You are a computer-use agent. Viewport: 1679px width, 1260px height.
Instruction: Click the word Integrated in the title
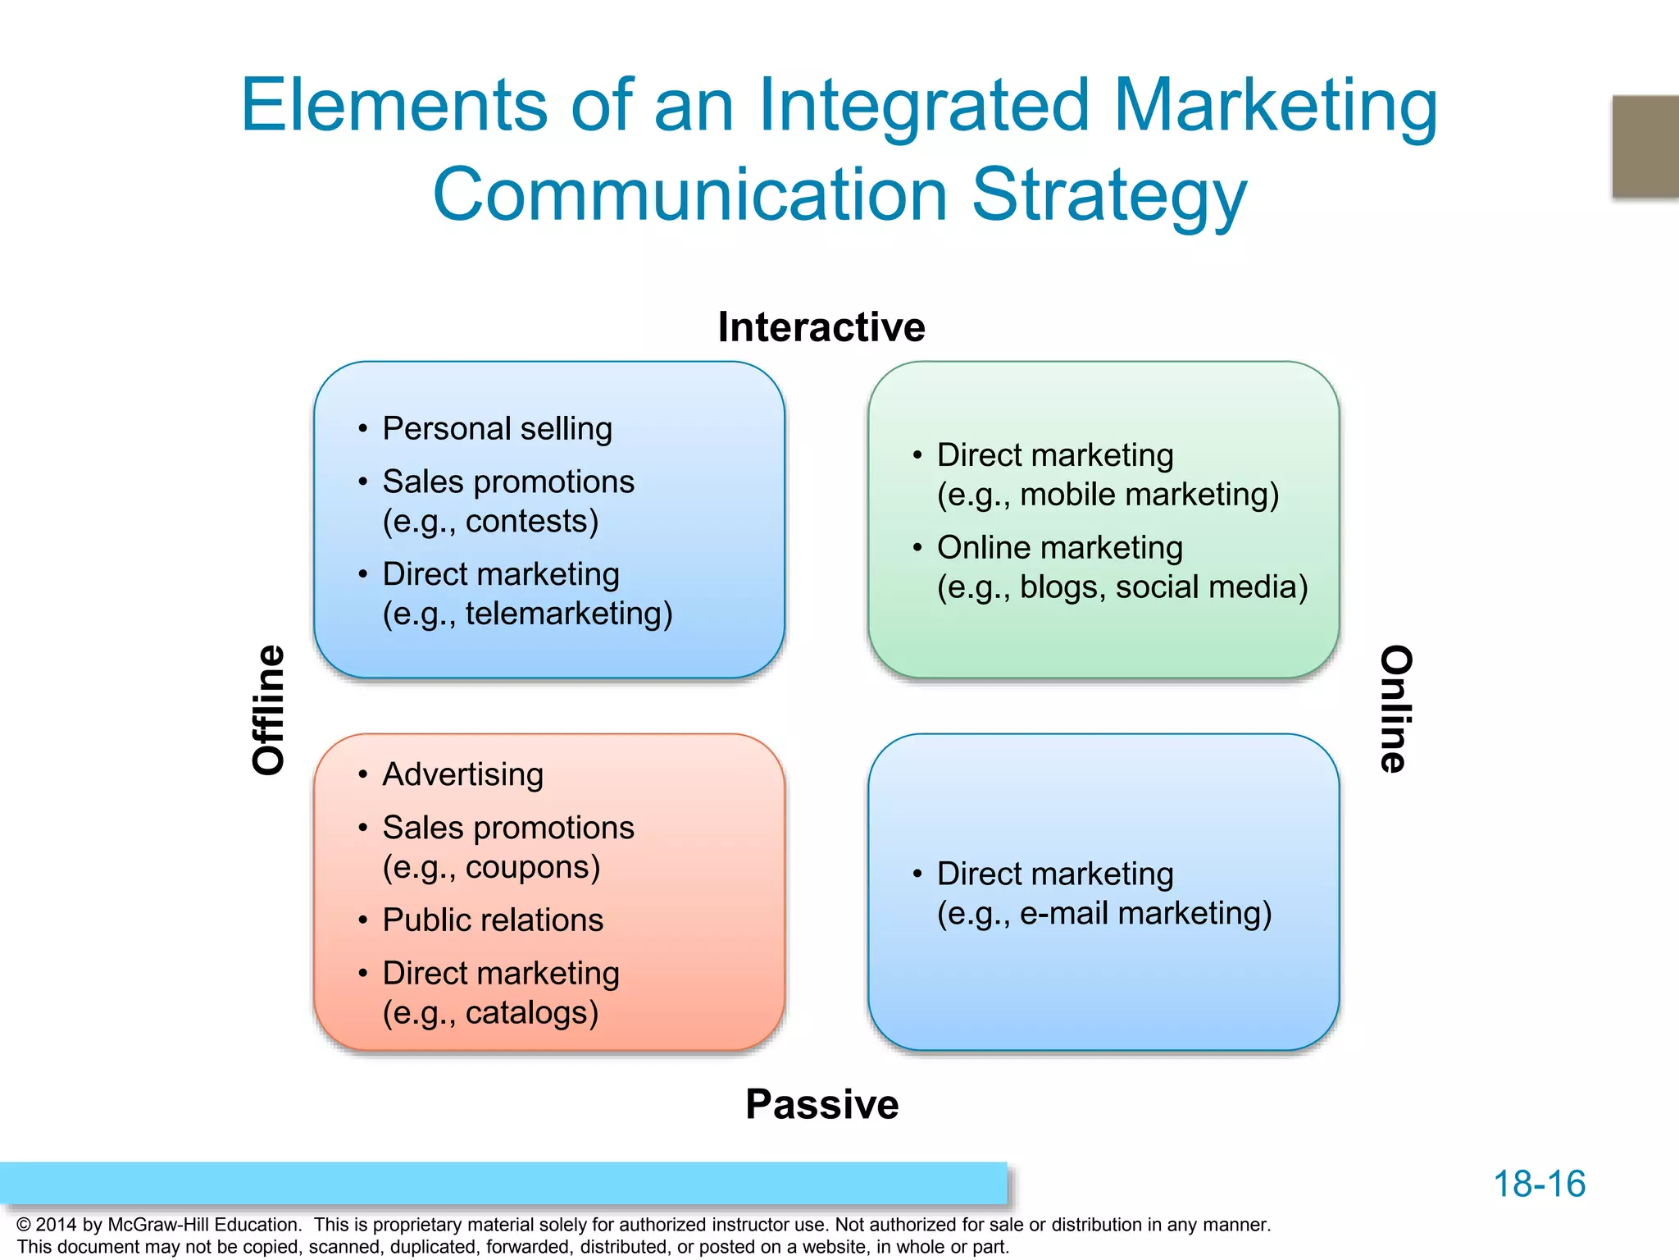tap(924, 107)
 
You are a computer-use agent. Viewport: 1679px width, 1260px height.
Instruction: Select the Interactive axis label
tap(821, 327)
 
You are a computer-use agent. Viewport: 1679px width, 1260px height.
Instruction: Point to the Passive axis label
tap(821, 1104)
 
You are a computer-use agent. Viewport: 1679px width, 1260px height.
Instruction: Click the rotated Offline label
tap(269, 710)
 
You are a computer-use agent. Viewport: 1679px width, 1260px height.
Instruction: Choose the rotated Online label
tap(1395, 709)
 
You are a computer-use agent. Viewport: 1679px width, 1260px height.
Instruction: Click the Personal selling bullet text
tap(497, 429)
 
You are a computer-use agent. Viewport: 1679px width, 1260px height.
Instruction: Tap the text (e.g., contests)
tap(490, 522)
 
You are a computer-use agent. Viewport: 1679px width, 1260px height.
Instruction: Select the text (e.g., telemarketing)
tap(527, 614)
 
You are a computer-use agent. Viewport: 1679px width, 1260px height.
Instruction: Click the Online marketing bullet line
tap(1059, 548)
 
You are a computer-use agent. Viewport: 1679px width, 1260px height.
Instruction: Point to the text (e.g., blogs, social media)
tap(1122, 587)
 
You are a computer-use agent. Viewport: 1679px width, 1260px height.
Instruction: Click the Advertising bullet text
tap(462, 775)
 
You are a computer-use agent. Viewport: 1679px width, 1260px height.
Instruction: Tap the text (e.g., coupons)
tap(491, 868)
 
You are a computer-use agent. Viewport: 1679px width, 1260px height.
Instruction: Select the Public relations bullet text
tap(493, 920)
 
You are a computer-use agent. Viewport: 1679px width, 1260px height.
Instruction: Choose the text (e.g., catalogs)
tap(490, 1013)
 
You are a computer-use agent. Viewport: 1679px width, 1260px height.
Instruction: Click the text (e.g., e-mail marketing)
tap(1104, 914)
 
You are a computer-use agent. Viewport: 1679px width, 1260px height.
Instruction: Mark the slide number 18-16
tap(1539, 1185)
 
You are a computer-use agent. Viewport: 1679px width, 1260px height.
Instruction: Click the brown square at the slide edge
tap(1645, 146)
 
